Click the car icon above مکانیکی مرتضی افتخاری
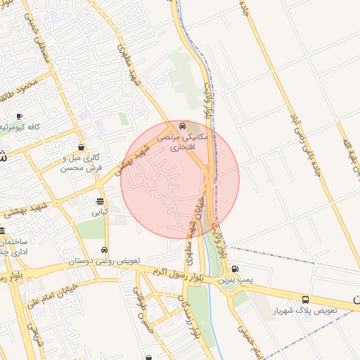click(183, 127)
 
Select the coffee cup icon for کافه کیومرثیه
click(18, 116)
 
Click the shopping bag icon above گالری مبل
click(82, 148)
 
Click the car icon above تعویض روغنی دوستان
click(105, 250)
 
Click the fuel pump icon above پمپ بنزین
click(234, 269)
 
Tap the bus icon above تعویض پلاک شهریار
click(305, 300)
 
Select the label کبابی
click(98, 211)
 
